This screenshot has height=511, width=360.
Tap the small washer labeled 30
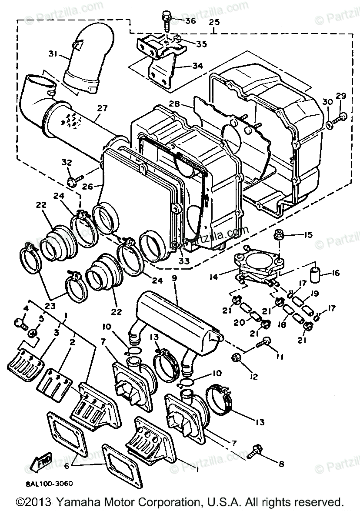pyautogui.click(x=329, y=126)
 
